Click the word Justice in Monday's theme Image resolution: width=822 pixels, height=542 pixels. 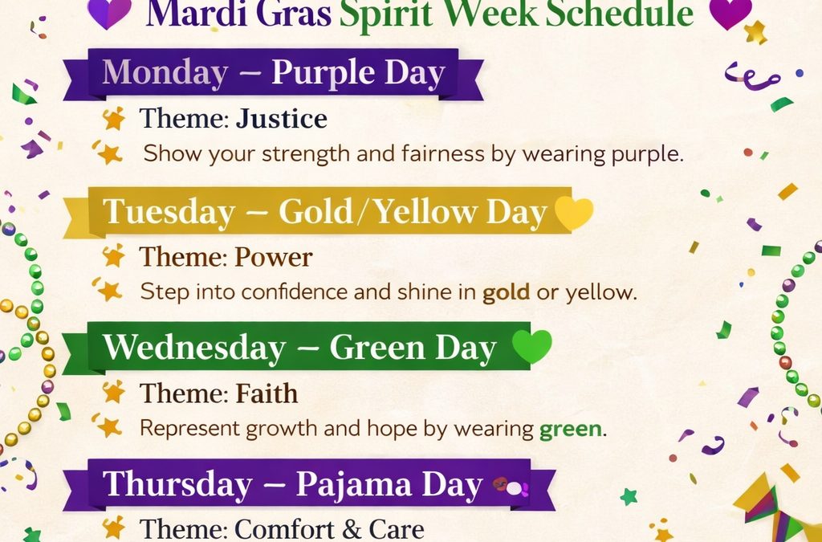tap(282, 120)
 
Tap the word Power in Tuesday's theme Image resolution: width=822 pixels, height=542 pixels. tap(273, 258)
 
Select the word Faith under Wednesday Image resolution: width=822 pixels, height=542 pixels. tap(267, 393)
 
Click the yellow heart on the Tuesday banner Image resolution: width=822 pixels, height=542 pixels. tap(574, 213)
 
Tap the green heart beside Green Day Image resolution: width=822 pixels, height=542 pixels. tap(532, 347)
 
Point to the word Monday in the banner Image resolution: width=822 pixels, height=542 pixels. tap(165, 72)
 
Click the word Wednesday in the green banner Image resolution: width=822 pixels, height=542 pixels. tap(194, 348)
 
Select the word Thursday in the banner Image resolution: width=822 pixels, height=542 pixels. tap(177, 484)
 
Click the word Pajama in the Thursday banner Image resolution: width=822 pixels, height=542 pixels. tap(354, 484)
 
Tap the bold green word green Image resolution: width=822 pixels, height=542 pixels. tap(571, 430)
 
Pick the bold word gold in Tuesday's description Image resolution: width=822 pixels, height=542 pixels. tap(507, 292)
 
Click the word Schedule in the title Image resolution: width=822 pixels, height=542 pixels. tap(619, 14)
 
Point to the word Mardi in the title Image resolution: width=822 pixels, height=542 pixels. tap(186, 14)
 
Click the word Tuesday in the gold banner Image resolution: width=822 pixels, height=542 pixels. tap(169, 212)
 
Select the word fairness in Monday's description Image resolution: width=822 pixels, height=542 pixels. tap(444, 153)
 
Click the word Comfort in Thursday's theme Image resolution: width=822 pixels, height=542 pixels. tap(283, 529)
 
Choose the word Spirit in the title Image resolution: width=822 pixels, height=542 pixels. tap(386, 14)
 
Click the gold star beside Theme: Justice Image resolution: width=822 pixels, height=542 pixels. tap(114, 119)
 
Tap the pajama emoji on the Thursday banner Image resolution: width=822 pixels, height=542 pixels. tap(510, 487)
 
